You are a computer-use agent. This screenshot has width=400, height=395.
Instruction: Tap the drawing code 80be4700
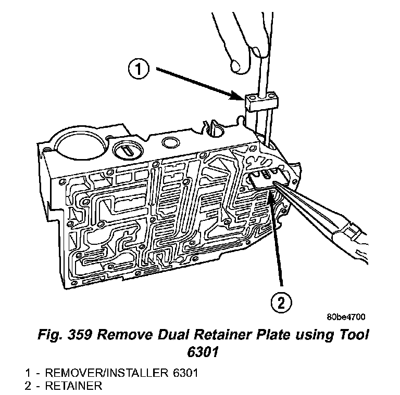coord(346,317)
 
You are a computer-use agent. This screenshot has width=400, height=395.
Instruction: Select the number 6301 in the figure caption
coord(199,352)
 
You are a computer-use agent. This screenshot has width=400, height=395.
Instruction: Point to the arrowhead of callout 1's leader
coord(241,97)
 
